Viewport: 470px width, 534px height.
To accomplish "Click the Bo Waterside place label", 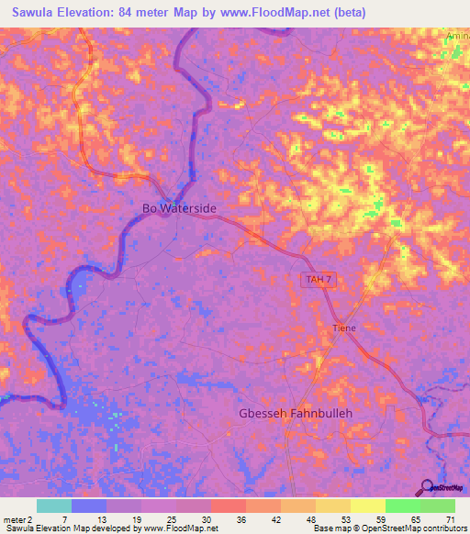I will click(x=179, y=208).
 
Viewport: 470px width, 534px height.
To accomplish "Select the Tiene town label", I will click(x=344, y=328).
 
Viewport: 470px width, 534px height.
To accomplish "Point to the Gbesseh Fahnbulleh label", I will click(x=296, y=413).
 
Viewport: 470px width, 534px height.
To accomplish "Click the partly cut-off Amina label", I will click(x=457, y=35).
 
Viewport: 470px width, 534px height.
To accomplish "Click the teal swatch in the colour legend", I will click(x=53, y=506).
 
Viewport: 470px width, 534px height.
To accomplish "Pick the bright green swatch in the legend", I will click(x=402, y=506).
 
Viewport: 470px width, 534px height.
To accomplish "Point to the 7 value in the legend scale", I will click(x=64, y=518).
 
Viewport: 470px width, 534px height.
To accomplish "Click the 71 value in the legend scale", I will click(x=449, y=518).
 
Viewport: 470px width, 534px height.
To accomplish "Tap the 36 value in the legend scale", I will click(x=240, y=518).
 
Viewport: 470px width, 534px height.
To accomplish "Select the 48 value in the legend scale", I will click(x=310, y=518).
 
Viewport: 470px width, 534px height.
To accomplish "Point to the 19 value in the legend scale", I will click(x=135, y=518).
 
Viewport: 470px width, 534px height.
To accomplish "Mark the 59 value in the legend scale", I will click(x=379, y=518).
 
